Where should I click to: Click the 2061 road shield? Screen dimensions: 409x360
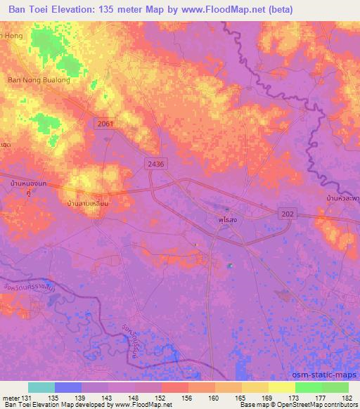coord(105,123)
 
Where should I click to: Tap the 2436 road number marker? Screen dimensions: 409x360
coord(156,163)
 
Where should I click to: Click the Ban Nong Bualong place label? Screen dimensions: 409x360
coord(39,80)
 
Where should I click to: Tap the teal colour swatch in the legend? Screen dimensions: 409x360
coord(41,387)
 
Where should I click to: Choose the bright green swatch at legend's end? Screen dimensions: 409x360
coord(335,387)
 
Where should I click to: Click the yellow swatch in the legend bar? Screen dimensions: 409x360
coord(281,387)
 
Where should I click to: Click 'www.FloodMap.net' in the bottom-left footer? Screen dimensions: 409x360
coord(133,405)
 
